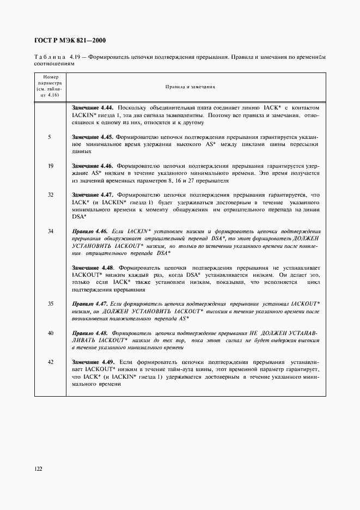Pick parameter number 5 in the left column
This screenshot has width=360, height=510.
pyautogui.click(x=50, y=137)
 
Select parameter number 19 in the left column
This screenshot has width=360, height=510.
pyautogui.click(x=50, y=166)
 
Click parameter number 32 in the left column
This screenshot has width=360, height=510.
pyautogui.click(x=50, y=194)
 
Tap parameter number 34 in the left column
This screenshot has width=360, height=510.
pyautogui.click(x=50, y=231)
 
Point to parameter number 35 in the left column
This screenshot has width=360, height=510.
pyautogui.click(x=50, y=303)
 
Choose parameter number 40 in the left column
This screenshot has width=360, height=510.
pyautogui.click(x=50, y=332)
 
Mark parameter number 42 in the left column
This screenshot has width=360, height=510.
pyautogui.click(x=50, y=361)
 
